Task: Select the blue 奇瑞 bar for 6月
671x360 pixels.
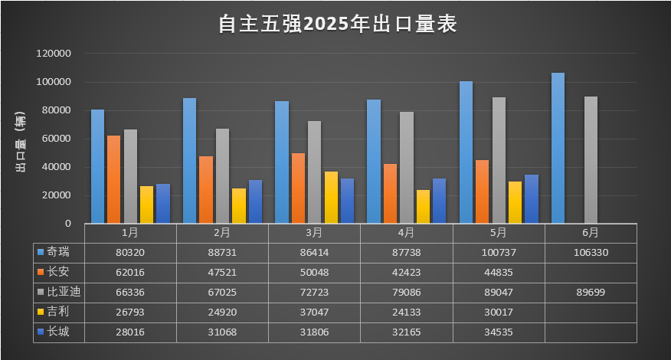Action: (558, 148)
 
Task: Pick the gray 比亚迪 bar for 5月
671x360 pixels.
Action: (499, 160)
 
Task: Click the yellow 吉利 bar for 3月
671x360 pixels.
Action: (331, 197)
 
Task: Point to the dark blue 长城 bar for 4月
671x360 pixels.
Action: (440, 201)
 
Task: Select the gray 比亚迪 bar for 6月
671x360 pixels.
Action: (591, 159)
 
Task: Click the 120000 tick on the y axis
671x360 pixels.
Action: (55, 54)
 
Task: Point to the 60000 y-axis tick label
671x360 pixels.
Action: (57, 139)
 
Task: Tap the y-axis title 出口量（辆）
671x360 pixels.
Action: (22, 139)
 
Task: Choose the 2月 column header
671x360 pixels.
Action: (222, 232)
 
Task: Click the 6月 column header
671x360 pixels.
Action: (591, 232)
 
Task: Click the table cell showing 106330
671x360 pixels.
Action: (591, 251)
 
